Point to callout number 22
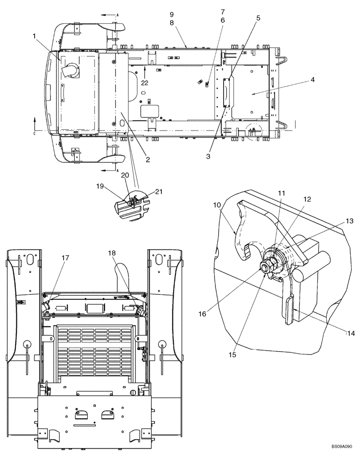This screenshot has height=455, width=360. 145,82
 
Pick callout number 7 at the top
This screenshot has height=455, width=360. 223,11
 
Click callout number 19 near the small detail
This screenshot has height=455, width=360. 100,186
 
